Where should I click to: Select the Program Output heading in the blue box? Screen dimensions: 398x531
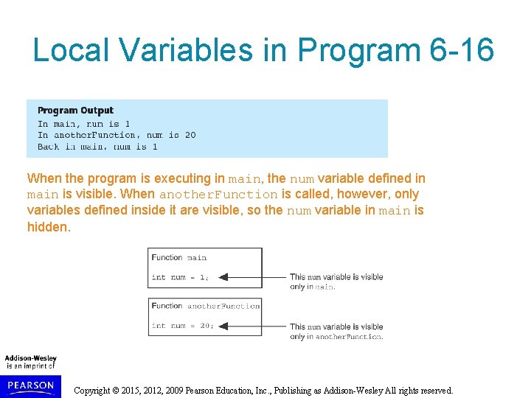pyautogui.click(x=76, y=111)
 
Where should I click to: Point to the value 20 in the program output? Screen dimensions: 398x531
pyautogui.click(x=190, y=135)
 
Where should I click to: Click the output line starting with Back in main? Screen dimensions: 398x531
pyautogui.click(x=97, y=147)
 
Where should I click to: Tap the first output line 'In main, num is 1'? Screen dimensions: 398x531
pyautogui.click(x=83, y=124)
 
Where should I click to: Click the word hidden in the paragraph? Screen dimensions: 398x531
pyautogui.click(x=48, y=227)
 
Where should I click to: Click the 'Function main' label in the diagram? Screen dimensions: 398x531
pyautogui.click(x=179, y=257)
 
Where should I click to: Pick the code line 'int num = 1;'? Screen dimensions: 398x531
pyautogui.click(x=180, y=277)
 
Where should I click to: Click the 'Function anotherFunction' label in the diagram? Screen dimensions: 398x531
pyautogui.click(x=205, y=306)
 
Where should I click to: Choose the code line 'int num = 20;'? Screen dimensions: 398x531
pyautogui.click(x=182, y=326)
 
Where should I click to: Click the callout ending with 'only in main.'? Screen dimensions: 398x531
pyautogui.click(x=336, y=282)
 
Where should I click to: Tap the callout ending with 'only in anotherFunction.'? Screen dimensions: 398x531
pyautogui.click(x=336, y=331)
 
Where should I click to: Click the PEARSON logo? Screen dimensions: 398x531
pyautogui.click(x=31, y=385)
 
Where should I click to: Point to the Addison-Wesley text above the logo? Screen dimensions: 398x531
pyautogui.click(x=31, y=358)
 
